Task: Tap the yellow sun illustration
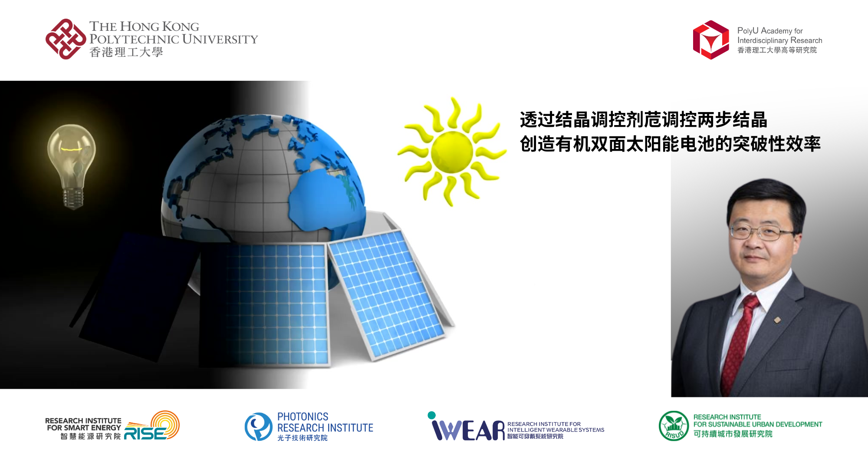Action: pos(452,152)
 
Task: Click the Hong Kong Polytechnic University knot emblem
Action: pos(66,39)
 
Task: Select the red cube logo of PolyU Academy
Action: pos(711,40)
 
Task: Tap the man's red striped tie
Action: pos(737,343)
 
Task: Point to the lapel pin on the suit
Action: pos(777,321)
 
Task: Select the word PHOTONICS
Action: pos(302,416)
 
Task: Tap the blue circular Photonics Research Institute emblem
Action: pos(259,426)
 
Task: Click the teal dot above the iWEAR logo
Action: pos(431,415)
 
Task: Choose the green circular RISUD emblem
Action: pos(674,426)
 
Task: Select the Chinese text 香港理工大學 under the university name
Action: pos(126,53)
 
